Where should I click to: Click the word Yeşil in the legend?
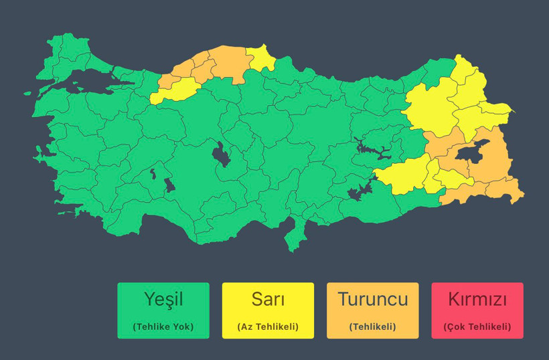point(163,298)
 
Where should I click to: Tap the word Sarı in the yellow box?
point(268,298)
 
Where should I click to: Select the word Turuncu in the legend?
point(372,298)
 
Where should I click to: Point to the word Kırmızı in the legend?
point(477,298)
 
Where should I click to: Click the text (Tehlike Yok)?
point(163,327)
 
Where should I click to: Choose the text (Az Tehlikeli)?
point(268,327)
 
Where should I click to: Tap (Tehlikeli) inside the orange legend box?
point(372,327)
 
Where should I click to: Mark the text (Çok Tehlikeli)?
point(477,327)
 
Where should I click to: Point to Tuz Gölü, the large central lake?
point(220,156)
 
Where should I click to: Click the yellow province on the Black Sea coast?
point(262,59)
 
